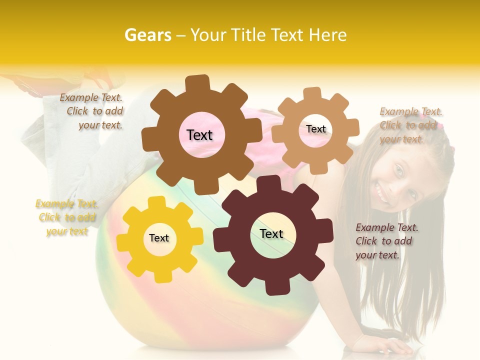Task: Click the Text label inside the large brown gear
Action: [199, 135]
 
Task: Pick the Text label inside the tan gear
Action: [315, 129]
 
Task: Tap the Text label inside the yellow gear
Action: [159, 238]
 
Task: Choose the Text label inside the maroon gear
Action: [271, 233]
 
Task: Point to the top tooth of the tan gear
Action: [312, 94]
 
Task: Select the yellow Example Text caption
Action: [67, 217]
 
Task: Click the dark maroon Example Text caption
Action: [386, 241]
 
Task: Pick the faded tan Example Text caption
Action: [410, 125]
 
